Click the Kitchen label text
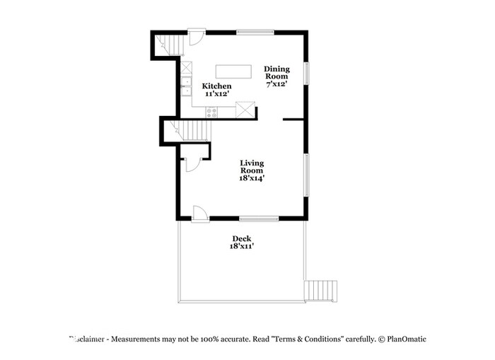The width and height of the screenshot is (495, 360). (217, 86)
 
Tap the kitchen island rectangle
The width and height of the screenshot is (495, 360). (233, 71)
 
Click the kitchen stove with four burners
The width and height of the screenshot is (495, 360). (211, 112)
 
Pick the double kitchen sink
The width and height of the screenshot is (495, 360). (185, 90)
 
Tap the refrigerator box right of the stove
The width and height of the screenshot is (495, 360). (245, 110)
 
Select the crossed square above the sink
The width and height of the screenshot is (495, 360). (186, 69)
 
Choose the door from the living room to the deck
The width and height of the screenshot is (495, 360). (199, 213)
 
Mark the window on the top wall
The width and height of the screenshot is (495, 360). (255, 31)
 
